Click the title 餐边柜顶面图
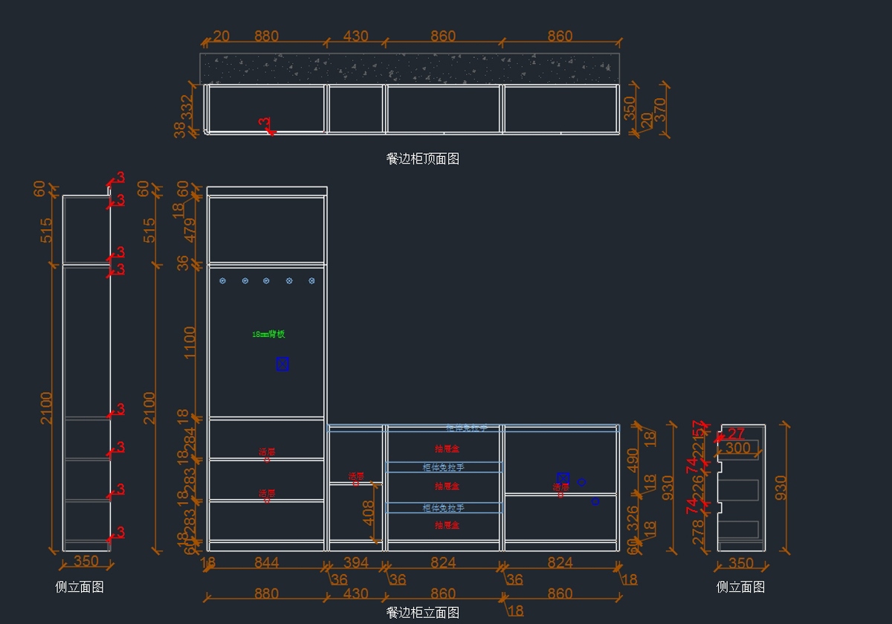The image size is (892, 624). pyautogui.click(x=423, y=158)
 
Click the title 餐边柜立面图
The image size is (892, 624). pyautogui.click(x=423, y=613)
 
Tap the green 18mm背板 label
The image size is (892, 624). pyautogui.click(x=268, y=335)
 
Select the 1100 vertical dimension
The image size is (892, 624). pyautogui.click(x=191, y=341)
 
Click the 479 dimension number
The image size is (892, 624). pyautogui.click(x=191, y=230)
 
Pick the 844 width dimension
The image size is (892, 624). pyautogui.click(x=266, y=563)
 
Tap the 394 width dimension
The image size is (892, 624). pyautogui.click(x=355, y=563)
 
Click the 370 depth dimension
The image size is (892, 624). pyautogui.click(x=659, y=110)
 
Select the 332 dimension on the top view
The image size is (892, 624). pyautogui.click(x=187, y=106)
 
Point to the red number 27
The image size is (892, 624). pyautogui.click(x=736, y=434)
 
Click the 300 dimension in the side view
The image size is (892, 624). pyautogui.click(x=737, y=448)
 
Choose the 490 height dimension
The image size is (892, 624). pyautogui.click(x=633, y=459)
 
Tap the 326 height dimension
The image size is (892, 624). pyautogui.click(x=633, y=517)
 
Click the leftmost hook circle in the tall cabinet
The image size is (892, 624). pyautogui.click(x=222, y=280)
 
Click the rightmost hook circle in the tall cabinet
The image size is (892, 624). pyautogui.click(x=311, y=280)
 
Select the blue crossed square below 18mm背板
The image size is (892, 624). pyautogui.click(x=282, y=364)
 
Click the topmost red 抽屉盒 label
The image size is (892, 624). pyautogui.click(x=447, y=448)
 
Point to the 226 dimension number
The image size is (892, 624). pyautogui.click(x=698, y=487)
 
